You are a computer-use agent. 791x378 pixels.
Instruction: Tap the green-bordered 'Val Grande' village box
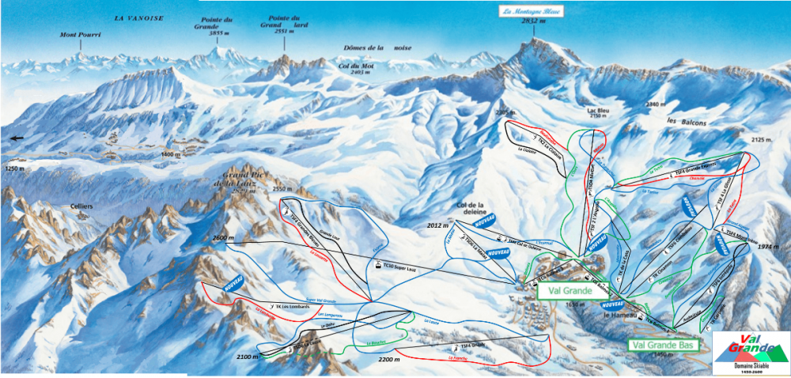pos(567,290)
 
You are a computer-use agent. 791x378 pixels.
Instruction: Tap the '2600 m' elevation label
pos(225,238)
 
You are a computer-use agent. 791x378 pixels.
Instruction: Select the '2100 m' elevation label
pos(248,357)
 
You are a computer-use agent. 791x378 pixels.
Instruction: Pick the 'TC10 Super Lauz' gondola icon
pos(377,266)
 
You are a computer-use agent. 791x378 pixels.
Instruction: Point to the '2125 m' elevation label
pos(762,140)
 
